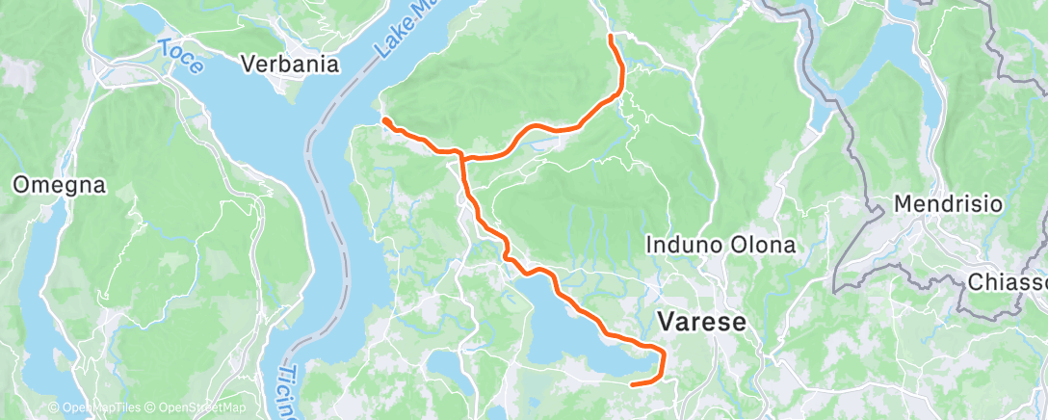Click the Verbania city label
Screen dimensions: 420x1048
coord(290,65)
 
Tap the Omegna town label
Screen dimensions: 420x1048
coord(59,185)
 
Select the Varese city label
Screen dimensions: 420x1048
coord(701,322)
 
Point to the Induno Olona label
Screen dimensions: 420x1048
coord(720,245)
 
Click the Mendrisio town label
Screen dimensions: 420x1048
coord(949,204)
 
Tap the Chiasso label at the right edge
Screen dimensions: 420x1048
coord(1006,282)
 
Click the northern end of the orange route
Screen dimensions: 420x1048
coord(611,37)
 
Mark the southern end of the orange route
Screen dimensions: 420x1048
coord(633,383)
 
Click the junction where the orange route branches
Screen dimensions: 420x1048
coord(461,155)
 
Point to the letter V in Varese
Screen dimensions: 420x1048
coord(666,322)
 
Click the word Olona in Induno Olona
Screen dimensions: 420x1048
coord(762,245)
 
